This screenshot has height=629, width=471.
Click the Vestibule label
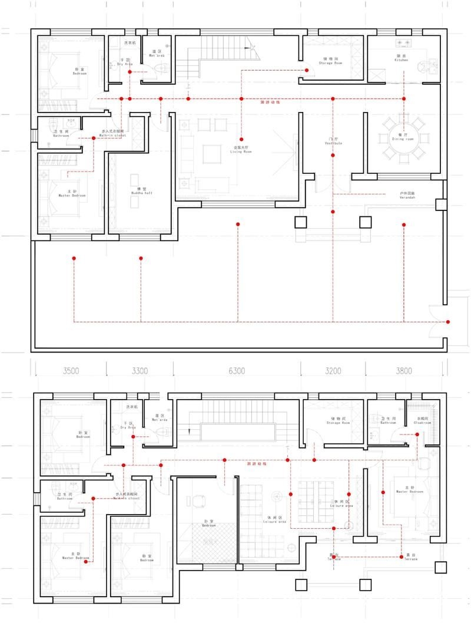333,142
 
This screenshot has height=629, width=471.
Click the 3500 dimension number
71,371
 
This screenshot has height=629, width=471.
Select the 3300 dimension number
140,371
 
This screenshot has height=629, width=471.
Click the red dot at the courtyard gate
449,322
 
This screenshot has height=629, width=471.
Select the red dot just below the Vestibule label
333,156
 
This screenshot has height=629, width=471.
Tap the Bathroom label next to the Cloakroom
388,421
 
